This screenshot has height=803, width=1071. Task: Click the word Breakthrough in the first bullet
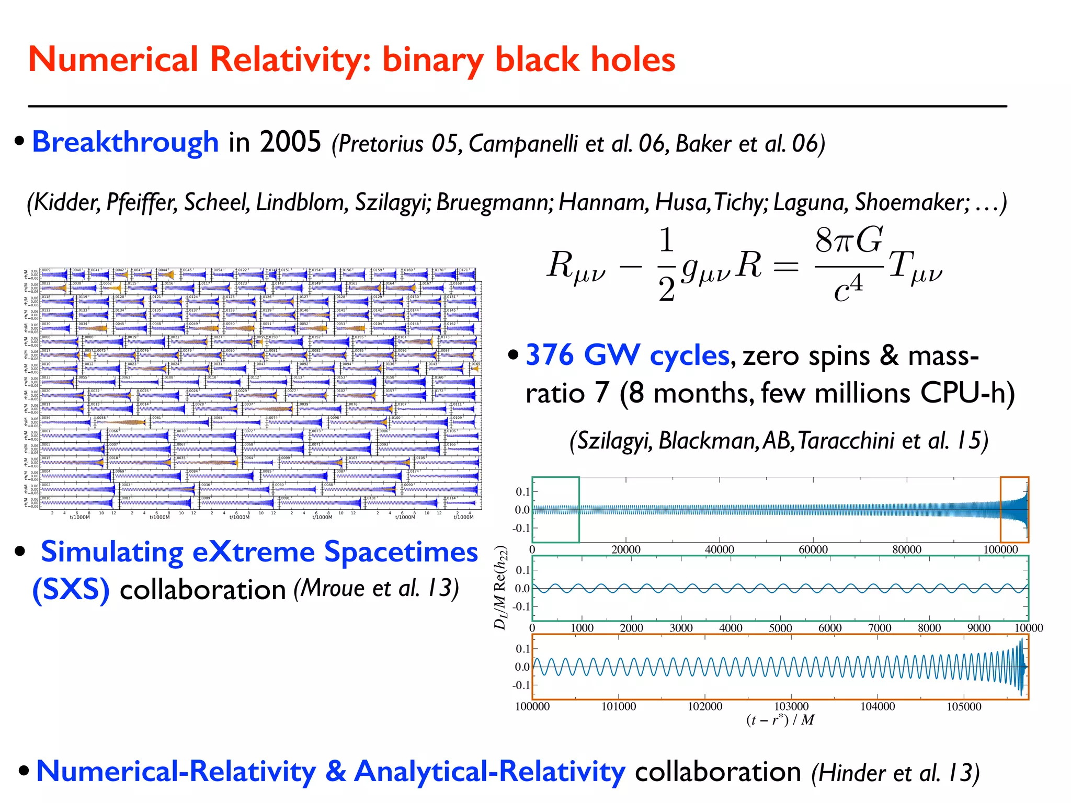[125, 142]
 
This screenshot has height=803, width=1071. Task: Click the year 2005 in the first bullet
[290, 142]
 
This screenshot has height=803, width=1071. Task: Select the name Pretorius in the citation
[381, 144]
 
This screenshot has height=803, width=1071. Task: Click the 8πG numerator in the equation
[848, 241]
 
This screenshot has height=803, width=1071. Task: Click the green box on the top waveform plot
[555, 510]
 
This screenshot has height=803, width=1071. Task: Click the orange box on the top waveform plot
[1014, 510]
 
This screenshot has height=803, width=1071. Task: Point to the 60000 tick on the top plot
[813, 549]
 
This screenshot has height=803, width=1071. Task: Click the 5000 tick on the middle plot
[780, 628]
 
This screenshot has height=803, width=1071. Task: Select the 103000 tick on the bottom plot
[791, 706]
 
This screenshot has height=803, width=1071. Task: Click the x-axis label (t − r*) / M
[780, 720]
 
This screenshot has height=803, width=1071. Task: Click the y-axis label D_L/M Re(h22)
[501, 588]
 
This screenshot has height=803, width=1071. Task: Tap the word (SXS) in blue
[71, 590]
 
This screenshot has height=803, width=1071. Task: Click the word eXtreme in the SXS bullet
[253, 552]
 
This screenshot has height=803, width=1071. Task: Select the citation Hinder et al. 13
[895, 773]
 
